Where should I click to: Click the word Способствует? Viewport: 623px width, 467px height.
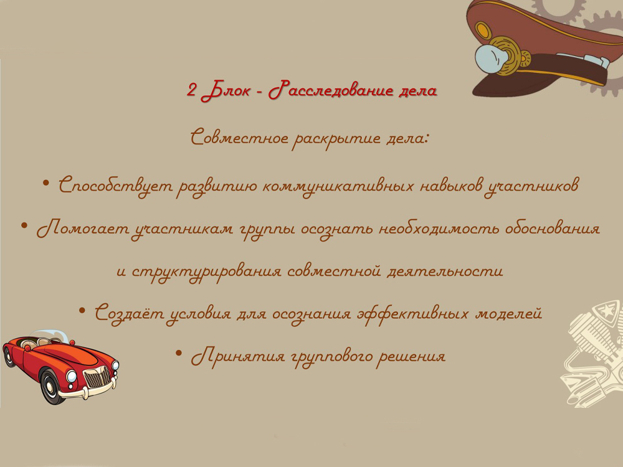[x=116, y=186]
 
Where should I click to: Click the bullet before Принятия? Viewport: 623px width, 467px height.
[x=179, y=352]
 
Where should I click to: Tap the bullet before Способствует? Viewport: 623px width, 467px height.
[x=46, y=183]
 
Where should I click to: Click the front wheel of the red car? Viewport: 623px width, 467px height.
[x=51, y=386]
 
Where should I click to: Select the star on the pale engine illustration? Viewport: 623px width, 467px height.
[x=597, y=312]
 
